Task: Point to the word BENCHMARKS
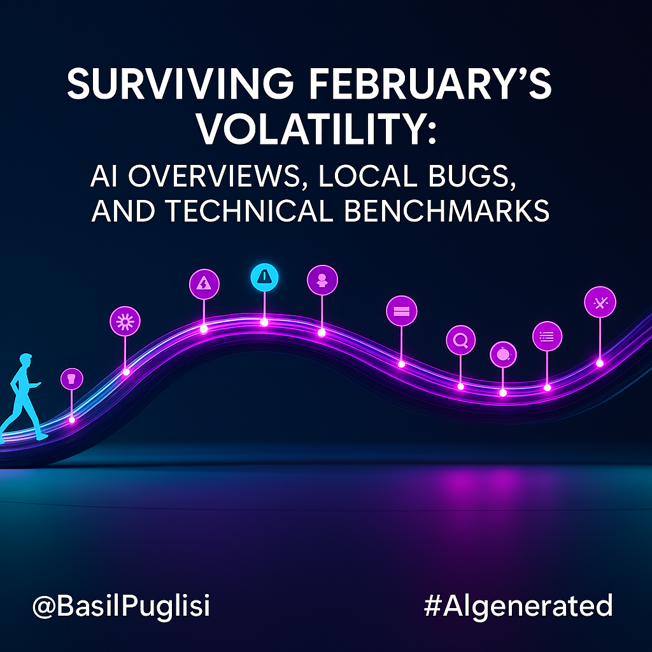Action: (446, 210)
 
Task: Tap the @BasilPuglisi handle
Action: (121, 606)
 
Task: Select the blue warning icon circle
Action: (264, 277)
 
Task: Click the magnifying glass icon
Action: (461, 340)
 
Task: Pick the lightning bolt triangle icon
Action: (204, 285)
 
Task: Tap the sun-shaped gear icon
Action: (125, 322)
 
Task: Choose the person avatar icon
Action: (322, 280)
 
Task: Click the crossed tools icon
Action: (600, 302)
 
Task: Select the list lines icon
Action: (547, 336)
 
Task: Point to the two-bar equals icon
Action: (402, 311)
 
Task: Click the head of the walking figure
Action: (25, 360)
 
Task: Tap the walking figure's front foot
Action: (42, 437)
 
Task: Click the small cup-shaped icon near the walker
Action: (72, 379)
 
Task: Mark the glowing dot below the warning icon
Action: (264, 322)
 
